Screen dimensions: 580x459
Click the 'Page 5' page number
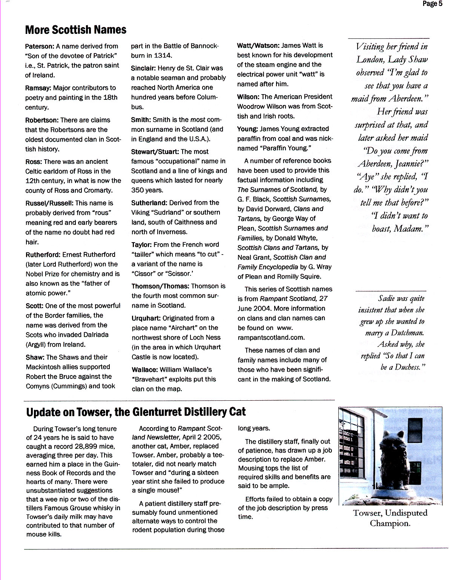432,4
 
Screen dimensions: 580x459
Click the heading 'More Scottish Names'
75,30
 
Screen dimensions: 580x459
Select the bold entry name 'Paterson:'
40,46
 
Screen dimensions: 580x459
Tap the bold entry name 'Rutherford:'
43,255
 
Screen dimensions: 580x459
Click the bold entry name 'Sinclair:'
143,68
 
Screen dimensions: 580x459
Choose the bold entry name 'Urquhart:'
146,318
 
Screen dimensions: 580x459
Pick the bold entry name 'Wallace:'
144,369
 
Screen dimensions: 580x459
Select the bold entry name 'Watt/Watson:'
258,46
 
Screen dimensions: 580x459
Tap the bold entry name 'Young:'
247,129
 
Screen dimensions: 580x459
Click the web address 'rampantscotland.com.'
271,337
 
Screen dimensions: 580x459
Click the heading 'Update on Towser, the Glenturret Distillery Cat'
136,412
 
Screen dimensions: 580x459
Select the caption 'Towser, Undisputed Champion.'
390,518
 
